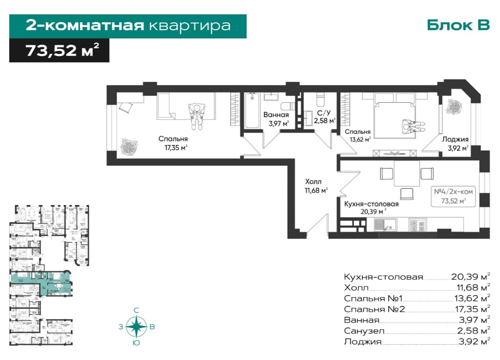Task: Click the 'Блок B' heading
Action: [458, 25]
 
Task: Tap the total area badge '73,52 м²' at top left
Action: [59, 50]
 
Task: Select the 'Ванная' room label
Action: [276, 115]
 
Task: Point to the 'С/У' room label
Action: [321, 112]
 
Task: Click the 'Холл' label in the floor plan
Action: [313, 182]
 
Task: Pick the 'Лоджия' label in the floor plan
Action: [455, 139]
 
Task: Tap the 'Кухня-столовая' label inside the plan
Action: [371, 203]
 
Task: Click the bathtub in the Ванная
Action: [252, 110]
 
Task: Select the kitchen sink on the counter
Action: [385, 224]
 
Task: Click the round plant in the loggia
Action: [454, 108]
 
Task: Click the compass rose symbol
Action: [136, 327]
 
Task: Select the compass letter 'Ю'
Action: [136, 343]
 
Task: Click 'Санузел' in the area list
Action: [364, 331]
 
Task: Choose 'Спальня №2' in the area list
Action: [374, 309]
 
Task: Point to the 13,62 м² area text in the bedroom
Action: [359, 139]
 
